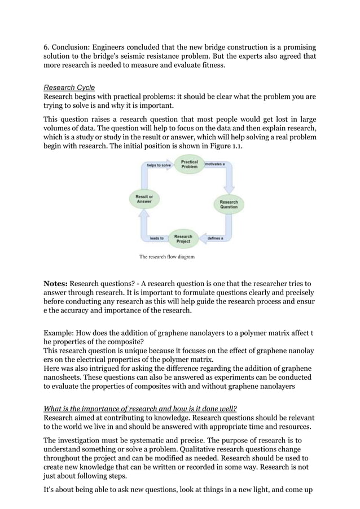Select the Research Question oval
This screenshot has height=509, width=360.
[x=229, y=204]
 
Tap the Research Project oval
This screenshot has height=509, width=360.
[x=183, y=238]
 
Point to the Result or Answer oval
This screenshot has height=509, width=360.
[x=144, y=199]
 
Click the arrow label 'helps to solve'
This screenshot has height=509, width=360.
[x=159, y=165]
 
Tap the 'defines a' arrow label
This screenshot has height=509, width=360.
[x=216, y=239]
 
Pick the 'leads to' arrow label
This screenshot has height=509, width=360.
[x=156, y=239]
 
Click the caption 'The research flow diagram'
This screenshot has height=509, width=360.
[x=166, y=257]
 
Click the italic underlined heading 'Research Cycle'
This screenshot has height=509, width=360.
[x=69, y=87]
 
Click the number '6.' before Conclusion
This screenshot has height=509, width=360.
[x=47, y=46]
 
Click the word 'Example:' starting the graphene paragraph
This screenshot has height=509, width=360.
[x=59, y=335]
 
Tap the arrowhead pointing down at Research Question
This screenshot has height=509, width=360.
[x=229, y=189]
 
